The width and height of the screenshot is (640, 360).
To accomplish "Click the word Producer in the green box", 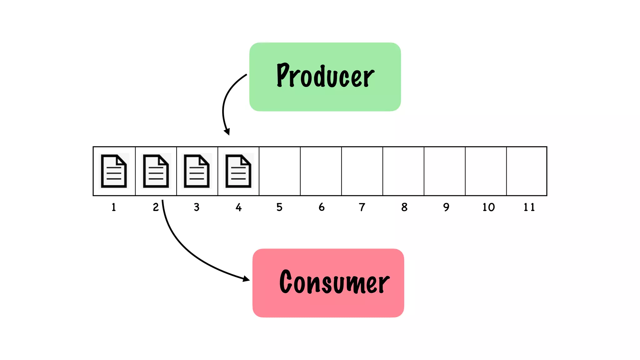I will [325, 76].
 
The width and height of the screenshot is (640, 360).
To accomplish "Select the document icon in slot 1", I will [114, 171].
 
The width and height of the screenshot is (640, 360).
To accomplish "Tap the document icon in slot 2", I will [156, 171].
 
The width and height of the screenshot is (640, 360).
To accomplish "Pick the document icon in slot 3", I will [197, 171].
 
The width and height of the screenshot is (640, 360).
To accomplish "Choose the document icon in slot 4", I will [238, 171].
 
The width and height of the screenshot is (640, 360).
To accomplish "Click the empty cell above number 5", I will [280, 171].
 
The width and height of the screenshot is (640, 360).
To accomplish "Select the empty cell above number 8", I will [403, 171].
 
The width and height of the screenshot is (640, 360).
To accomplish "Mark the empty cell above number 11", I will [527, 171].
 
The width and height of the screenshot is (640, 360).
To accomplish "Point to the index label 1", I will [114, 207].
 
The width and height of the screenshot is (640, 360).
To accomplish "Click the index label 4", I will [239, 207].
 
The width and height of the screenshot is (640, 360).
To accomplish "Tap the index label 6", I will [322, 207].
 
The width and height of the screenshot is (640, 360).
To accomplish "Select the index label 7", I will [362, 207].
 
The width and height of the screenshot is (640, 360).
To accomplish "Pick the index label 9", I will [446, 207].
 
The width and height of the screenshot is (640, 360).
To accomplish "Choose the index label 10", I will [488, 207].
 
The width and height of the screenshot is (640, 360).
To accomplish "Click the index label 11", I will [529, 207].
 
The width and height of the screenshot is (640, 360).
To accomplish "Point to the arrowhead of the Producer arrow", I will [227, 132].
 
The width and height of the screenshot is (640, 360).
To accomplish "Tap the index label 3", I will [197, 207].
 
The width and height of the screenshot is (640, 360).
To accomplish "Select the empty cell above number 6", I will [321, 171].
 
